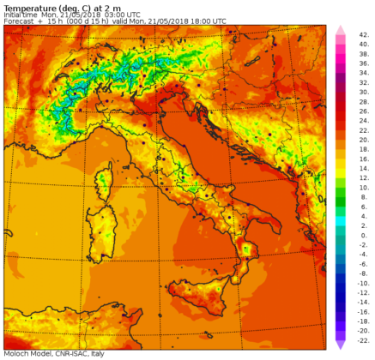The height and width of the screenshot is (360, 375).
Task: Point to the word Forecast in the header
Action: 20,21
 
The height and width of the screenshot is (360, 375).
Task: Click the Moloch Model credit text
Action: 25,354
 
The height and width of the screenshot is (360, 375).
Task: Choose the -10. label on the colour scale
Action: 363,281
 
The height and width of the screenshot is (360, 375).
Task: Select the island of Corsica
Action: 106,183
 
